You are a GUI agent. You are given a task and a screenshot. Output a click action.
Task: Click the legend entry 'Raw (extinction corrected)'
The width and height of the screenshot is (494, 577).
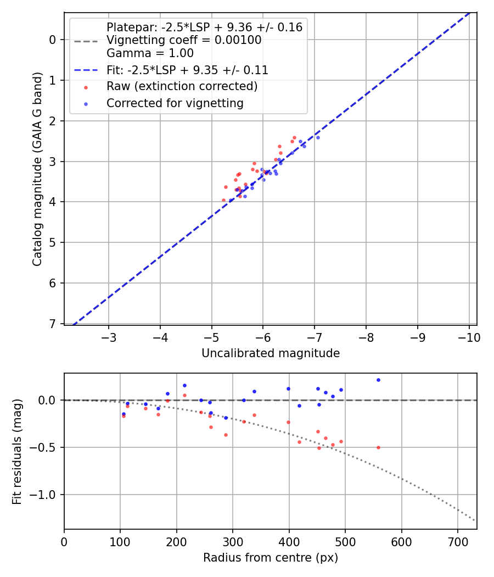pos(182,86)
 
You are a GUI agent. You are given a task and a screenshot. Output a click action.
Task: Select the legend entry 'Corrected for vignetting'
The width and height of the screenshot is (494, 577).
pos(175,103)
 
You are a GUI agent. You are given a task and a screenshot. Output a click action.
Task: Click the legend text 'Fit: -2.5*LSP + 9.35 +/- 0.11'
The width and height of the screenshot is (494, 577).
pos(187,70)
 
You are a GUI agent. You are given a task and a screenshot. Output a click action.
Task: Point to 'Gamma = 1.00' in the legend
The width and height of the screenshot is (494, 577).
pos(150,53)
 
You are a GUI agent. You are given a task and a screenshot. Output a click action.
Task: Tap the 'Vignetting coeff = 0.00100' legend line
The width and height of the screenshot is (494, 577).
pos(184,40)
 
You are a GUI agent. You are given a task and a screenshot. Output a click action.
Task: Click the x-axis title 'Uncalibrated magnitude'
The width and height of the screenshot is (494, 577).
pos(270,353)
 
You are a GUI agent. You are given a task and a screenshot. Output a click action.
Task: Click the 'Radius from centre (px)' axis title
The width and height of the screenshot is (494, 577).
pos(270,558)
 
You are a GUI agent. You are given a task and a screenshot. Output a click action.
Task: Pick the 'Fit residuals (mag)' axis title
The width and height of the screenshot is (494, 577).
pos(17,451)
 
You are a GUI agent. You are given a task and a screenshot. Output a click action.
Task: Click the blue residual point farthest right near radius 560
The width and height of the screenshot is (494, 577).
pos(378,380)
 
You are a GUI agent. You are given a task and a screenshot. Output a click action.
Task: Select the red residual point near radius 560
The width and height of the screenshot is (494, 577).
pos(378,447)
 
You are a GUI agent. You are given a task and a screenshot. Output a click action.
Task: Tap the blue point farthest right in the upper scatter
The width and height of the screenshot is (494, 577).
pos(317,137)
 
